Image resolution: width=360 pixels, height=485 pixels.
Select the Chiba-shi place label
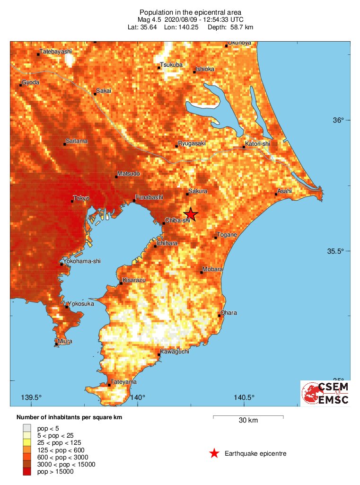click(x=177, y=220)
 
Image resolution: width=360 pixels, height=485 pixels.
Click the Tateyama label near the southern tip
click(x=123, y=382)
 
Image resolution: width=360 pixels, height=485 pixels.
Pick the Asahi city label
click(x=285, y=191)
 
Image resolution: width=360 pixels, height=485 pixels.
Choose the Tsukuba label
click(x=171, y=65)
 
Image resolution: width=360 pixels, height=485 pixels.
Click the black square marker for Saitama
click(x=65, y=144)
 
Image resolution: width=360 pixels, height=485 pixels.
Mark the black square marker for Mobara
click(x=202, y=272)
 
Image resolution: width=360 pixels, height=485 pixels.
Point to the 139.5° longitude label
click(x=32, y=397)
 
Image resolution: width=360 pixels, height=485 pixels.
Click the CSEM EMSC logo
click(x=325, y=393)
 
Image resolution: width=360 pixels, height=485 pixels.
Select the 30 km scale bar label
click(x=248, y=421)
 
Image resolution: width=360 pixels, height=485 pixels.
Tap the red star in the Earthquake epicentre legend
click(x=214, y=453)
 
